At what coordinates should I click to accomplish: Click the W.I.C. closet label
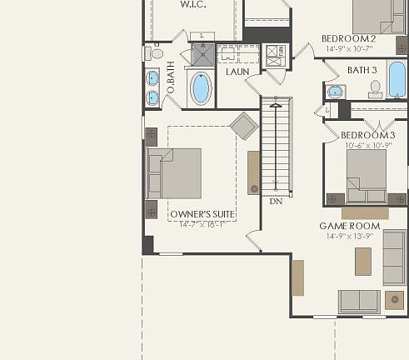(x=193, y=5)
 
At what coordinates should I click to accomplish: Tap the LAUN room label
(x=237, y=72)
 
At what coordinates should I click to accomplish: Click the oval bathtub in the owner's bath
(x=200, y=88)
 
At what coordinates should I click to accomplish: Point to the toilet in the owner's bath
(x=156, y=53)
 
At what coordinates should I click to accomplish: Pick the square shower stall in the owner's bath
(x=204, y=55)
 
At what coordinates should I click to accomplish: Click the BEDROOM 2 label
(x=349, y=38)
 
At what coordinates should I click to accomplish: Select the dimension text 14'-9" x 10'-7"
(x=349, y=48)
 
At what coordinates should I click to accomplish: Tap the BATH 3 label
(x=362, y=70)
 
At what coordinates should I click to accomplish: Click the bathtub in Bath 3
(x=397, y=79)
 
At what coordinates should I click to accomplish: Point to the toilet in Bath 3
(x=375, y=87)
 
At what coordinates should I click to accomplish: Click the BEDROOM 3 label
(x=367, y=135)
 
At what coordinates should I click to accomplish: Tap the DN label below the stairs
(x=276, y=201)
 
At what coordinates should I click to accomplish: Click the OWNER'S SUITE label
(x=202, y=214)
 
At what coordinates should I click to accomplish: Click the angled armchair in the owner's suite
(x=244, y=126)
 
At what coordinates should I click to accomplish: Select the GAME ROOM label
(x=349, y=226)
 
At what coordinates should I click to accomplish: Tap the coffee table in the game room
(x=362, y=261)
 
